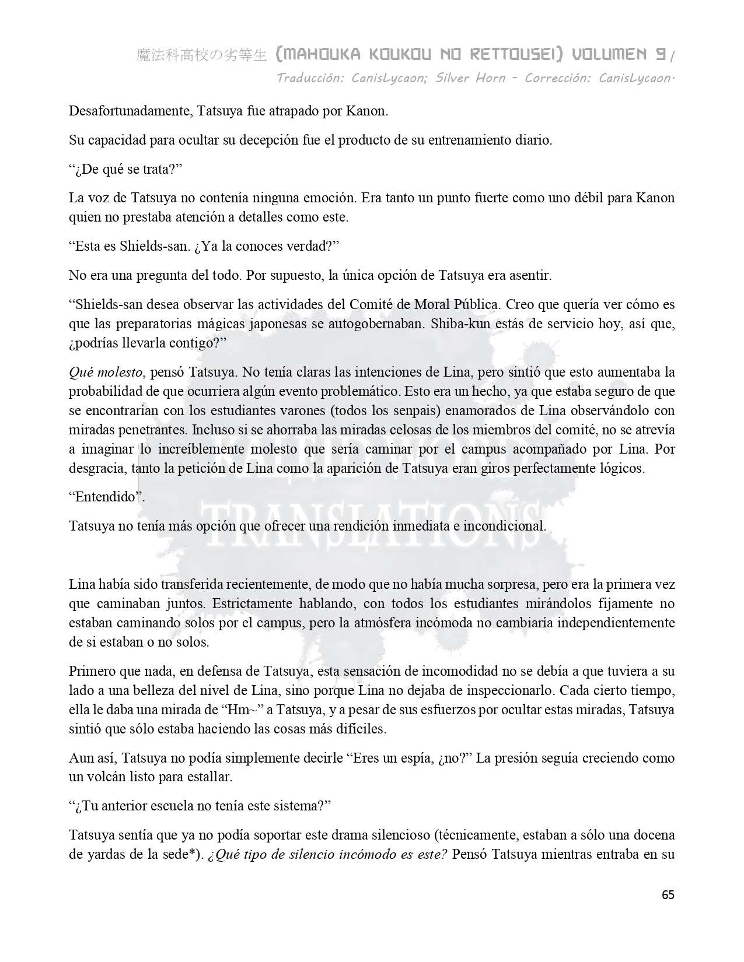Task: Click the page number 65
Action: [x=668, y=895]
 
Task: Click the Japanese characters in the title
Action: [x=201, y=55]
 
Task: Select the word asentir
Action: [x=532, y=275]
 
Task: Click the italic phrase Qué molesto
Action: [x=106, y=372]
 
